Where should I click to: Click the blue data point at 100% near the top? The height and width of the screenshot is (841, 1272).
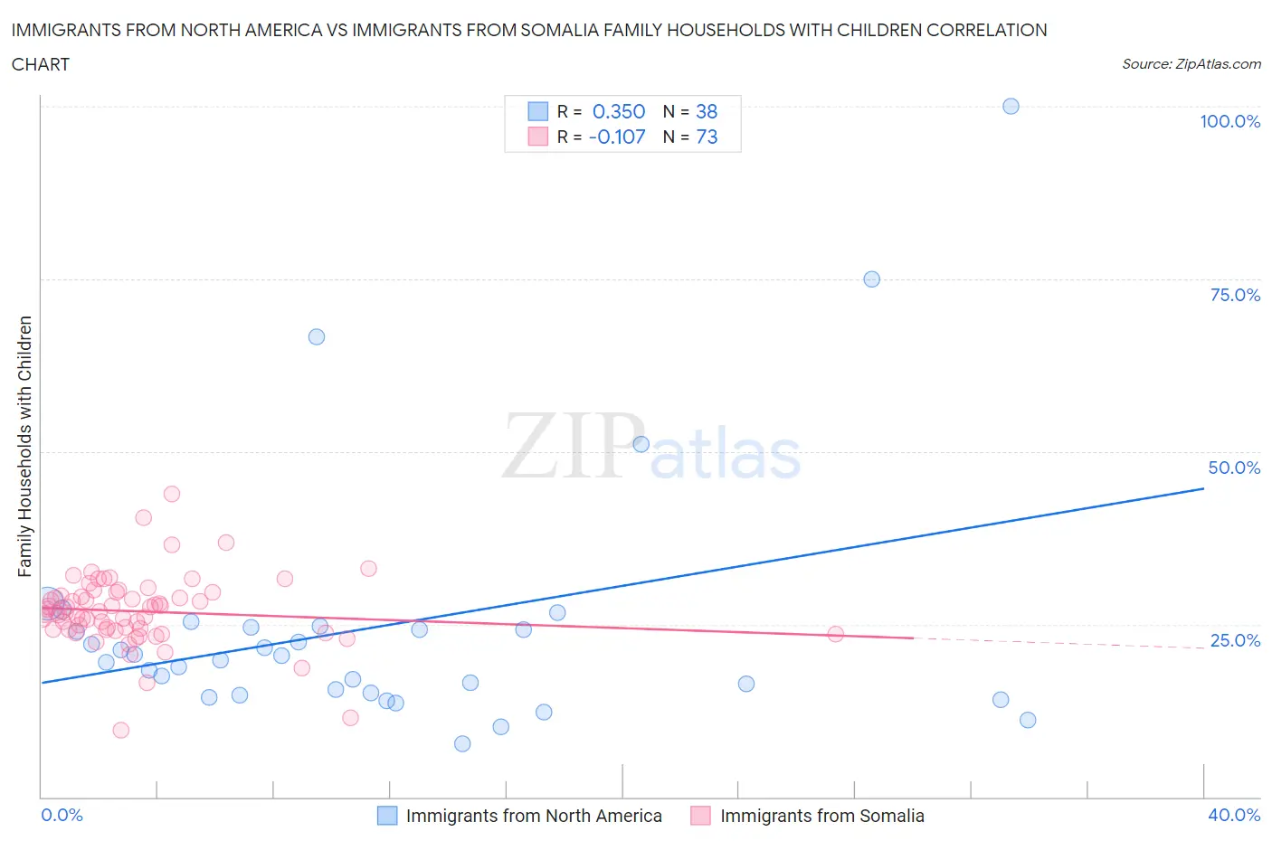1011,107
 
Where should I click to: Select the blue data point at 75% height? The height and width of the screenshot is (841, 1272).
871,279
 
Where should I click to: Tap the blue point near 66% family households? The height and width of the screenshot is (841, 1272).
317,336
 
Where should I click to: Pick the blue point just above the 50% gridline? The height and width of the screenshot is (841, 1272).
641,444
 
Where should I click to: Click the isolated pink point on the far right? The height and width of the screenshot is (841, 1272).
836,634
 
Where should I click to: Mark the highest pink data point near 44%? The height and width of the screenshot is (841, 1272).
172,494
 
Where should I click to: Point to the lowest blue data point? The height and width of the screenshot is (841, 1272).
462,743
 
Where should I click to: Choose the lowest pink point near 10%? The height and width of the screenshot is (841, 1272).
120,730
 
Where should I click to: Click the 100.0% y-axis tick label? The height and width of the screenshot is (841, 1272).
1229,122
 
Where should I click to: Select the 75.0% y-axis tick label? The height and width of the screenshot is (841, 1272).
1235,295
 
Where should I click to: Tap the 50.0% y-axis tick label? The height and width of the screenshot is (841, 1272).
1234,468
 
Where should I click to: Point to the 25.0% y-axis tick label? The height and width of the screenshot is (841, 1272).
1235,640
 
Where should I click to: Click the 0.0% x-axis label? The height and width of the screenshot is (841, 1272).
62,815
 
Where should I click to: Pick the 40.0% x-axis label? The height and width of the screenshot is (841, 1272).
1234,815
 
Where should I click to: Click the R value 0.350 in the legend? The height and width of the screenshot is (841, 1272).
619,111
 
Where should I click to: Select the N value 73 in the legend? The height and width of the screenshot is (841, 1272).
707,137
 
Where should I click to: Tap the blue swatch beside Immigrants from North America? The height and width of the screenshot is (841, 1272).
387,816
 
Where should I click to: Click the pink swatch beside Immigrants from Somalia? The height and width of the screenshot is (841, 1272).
701,816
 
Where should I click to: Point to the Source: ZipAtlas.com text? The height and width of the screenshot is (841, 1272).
1191,64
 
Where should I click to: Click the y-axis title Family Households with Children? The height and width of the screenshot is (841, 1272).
25,446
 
